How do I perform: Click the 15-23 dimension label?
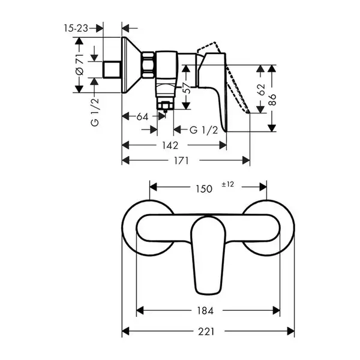(x=76, y=28)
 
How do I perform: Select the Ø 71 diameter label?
(x=80, y=65)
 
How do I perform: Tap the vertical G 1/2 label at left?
(x=95, y=112)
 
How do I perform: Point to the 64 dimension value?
(x=142, y=116)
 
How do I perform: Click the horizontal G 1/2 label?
(x=203, y=130)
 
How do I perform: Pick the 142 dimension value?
(x=170, y=145)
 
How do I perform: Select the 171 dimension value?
(x=181, y=160)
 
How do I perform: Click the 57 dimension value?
(x=187, y=88)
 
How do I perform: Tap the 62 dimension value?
(x=261, y=89)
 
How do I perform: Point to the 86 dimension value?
(x=272, y=100)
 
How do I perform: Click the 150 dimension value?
(x=204, y=189)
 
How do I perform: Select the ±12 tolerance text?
(x=228, y=184)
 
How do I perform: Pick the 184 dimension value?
(x=205, y=311)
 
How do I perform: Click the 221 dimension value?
(x=206, y=332)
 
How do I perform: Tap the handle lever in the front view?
(x=208, y=255)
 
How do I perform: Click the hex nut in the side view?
(x=148, y=65)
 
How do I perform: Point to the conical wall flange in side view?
(x=131, y=65)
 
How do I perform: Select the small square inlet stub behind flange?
(x=112, y=70)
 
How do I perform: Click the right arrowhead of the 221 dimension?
(x=290, y=331)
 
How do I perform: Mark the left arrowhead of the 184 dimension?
(x=140, y=311)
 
